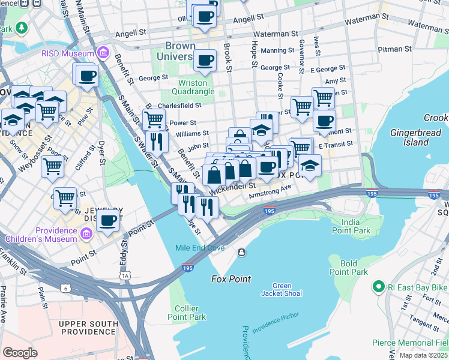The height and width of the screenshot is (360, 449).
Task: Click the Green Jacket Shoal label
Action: (281, 289)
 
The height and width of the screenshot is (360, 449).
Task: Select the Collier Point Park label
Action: (187, 313)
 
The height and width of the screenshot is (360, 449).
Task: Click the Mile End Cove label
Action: (200, 248)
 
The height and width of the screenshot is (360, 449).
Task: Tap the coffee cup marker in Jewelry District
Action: (108, 220)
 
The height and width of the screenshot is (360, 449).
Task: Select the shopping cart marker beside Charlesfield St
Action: (154, 119)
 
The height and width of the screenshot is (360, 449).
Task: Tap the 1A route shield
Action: (125, 275)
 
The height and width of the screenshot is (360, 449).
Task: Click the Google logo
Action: (20, 353)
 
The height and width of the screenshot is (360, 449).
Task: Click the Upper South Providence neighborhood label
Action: (88, 328)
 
